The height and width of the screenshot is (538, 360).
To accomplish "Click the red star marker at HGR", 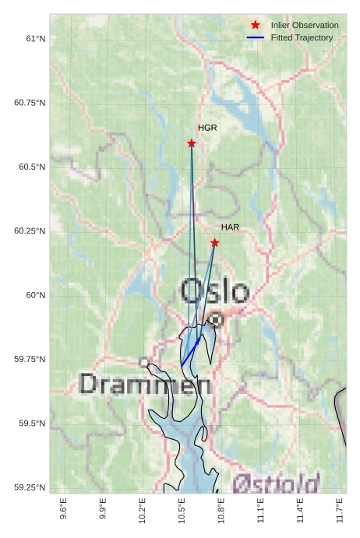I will [x=192, y=143].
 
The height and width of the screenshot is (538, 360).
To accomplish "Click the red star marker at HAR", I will [x=215, y=243].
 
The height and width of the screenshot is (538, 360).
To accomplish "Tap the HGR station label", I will [x=207, y=127].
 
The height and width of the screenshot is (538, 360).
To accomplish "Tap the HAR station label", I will [x=230, y=227].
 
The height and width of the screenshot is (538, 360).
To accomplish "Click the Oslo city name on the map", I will [x=214, y=292].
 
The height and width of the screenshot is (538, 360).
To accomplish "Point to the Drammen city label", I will [x=145, y=384].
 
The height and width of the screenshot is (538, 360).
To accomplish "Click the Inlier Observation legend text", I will [x=305, y=26].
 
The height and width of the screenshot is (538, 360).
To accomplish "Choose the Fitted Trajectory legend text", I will [x=302, y=37].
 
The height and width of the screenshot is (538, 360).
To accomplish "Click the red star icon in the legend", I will [x=256, y=26].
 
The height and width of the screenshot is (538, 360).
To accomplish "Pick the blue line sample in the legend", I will [x=256, y=37].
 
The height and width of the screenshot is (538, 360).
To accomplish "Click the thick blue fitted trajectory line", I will [x=190, y=352].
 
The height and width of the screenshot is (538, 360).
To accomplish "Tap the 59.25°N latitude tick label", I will [x=30, y=487].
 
